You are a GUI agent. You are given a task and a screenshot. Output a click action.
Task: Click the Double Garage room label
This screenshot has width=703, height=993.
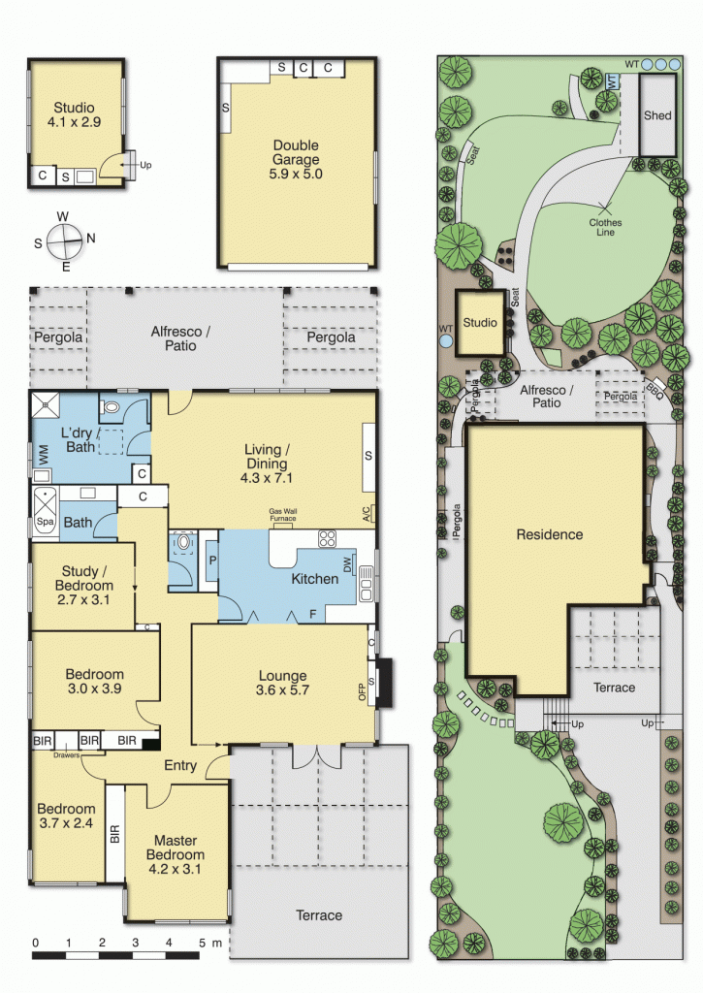coord(296,152)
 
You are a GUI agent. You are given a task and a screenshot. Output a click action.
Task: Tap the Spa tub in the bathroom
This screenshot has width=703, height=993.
coord(45,514)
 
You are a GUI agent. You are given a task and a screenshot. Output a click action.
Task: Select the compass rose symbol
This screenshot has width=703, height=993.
coord(63,241)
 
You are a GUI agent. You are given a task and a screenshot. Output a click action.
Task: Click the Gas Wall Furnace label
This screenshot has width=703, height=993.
coord(283,514)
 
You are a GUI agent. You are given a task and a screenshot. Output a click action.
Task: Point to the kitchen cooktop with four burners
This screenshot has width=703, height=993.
coord(328,538)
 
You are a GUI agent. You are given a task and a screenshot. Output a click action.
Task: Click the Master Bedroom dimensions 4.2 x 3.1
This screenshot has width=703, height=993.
coord(175,869)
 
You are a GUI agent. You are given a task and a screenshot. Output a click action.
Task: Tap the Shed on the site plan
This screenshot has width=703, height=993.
coord(657,114)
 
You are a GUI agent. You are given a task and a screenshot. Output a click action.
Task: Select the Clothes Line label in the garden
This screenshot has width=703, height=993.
coord(605,227)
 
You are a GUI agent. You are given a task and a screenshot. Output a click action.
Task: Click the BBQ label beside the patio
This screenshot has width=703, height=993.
coord(655,392)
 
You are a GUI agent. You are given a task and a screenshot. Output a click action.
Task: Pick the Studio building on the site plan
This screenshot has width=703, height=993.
coord(481,322)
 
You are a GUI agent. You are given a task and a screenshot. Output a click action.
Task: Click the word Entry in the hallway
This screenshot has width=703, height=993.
coord(180,765)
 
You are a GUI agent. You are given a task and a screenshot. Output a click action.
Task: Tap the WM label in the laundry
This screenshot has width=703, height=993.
coord(44,452)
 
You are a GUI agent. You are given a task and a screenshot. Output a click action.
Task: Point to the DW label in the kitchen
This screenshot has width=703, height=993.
coord(347,564)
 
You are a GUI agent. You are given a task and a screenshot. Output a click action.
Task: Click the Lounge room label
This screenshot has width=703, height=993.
coord(282,675)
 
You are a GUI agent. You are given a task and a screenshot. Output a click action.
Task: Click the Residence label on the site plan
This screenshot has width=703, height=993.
coord(550,534)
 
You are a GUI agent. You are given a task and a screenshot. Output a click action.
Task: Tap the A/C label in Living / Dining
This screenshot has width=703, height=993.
coord(367,514)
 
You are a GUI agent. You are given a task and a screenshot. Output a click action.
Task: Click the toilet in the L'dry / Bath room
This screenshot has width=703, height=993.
coord(112,407)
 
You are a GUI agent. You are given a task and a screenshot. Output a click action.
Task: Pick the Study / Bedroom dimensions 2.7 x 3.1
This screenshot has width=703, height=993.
coord(83,599)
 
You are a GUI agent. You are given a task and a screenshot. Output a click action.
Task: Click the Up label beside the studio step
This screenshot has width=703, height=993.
coord(145,165)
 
